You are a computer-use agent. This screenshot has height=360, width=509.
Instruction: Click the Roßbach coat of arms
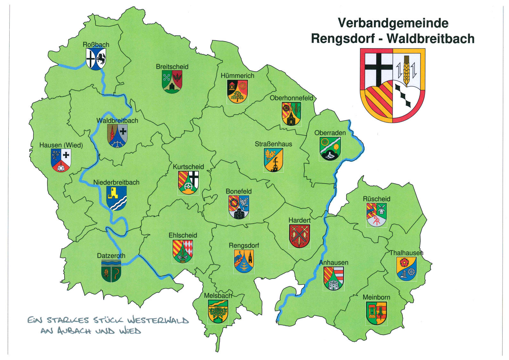click(x=96, y=59)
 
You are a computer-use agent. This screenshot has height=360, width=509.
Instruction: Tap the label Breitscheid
click(x=172, y=67)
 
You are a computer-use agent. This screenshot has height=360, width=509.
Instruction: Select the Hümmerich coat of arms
click(x=237, y=91)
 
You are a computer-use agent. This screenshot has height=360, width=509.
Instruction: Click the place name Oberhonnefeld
click(x=291, y=98)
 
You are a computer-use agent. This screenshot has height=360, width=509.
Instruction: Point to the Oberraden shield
click(x=330, y=149)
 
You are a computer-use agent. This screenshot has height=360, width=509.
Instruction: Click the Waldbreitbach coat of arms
click(x=117, y=136)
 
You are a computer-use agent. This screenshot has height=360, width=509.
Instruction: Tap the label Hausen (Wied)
click(x=61, y=145)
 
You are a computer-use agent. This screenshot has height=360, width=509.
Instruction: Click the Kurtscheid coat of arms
click(x=189, y=183)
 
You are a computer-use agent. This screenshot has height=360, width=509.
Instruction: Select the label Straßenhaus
click(x=273, y=144)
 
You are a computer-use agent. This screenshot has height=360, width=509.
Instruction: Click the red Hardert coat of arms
click(x=300, y=236)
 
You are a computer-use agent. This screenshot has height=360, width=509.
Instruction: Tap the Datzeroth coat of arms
click(x=111, y=271)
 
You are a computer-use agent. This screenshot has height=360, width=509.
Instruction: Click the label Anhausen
click(x=334, y=262)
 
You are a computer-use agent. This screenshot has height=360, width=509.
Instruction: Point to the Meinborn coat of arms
click(x=376, y=313)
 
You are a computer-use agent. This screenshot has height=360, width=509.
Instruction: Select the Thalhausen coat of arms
click(x=406, y=269)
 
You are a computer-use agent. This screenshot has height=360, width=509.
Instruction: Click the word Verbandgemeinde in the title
click(x=393, y=23)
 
